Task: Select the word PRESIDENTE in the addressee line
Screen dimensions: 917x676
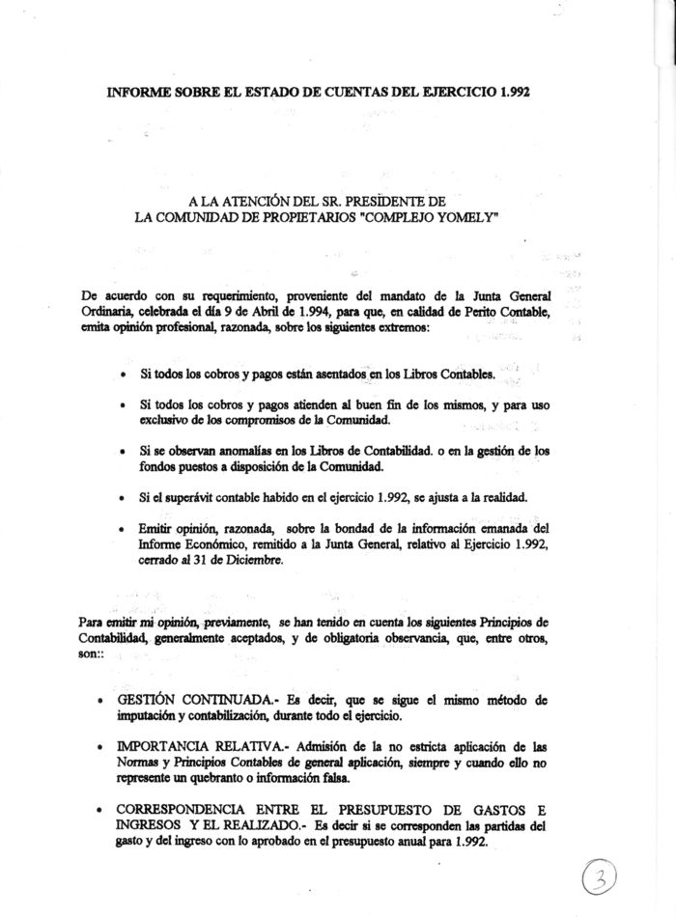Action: coord(398,201)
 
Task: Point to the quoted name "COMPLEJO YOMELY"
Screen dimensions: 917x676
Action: coord(437,217)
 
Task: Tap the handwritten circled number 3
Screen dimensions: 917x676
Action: coord(626,877)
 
